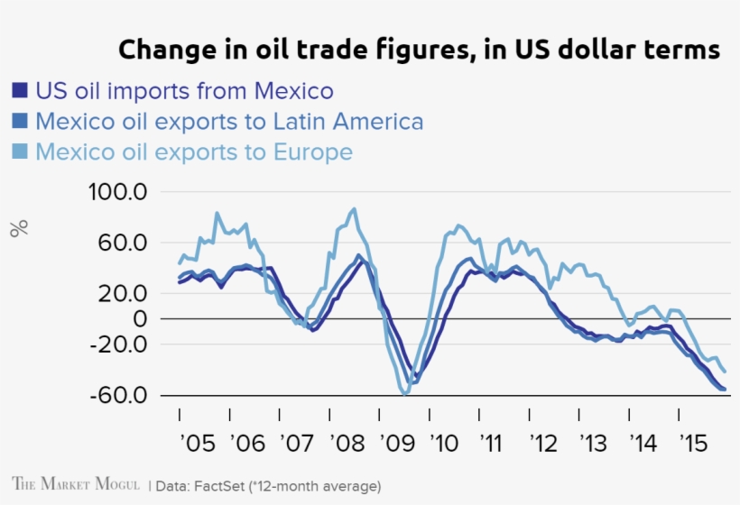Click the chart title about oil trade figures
(x=419, y=50)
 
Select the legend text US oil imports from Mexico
(x=185, y=91)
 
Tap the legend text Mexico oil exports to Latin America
(x=229, y=122)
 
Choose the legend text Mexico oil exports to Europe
(x=194, y=151)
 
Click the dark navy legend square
(x=20, y=91)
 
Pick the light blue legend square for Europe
(x=20, y=151)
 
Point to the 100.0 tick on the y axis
(x=117, y=192)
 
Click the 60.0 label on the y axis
(x=123, y=243)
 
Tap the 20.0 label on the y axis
(x=123, y=293)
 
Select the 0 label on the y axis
(x=139, y=318)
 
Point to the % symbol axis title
(x=19, y=228)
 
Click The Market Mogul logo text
(x=76, y=484)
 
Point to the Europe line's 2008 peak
(x=354, y=209)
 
